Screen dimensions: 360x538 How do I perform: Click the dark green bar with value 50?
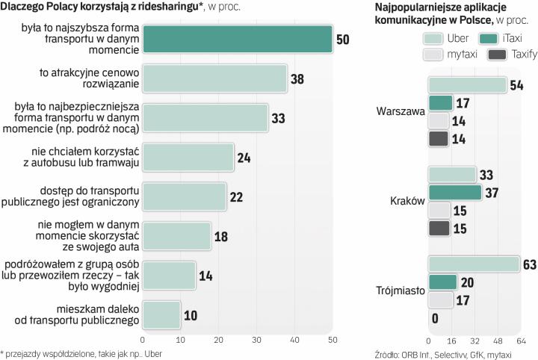pos(237,39)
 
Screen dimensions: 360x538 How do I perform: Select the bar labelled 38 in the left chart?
pos(214,78)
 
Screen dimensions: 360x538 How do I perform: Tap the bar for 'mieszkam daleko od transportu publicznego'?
pos(161,314)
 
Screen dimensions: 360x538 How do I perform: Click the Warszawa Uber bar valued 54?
pos(467,85)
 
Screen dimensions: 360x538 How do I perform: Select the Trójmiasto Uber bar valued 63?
pos(474,264)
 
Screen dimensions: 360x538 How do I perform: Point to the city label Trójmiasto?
pos(400,291)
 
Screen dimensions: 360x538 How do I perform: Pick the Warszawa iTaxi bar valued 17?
pos(441,103)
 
